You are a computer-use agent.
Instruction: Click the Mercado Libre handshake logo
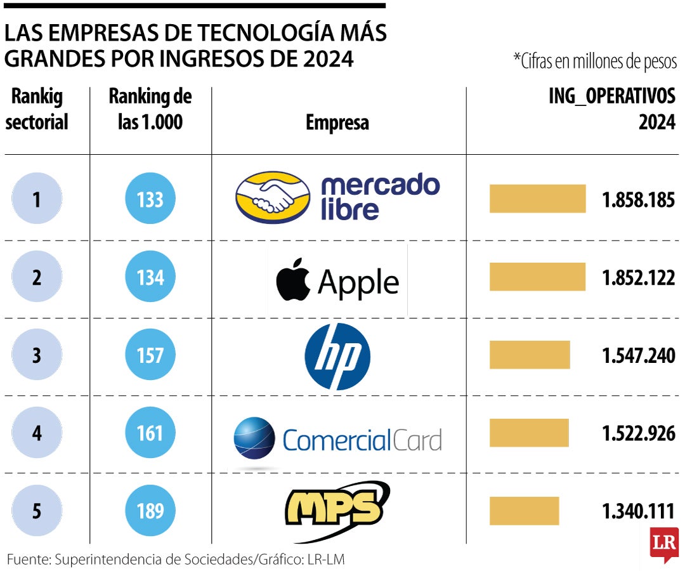click(273, 198)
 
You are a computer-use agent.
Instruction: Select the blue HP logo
click(337, 356)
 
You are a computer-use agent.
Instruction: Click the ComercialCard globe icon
click(254, 438)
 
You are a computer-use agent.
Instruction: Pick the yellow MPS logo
click(336, 509)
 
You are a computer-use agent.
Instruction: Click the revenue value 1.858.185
click(639, 200)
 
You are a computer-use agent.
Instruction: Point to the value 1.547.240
click(639, 356)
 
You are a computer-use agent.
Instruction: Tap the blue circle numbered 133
click(150, 200)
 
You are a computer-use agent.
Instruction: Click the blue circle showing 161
click(150, 433)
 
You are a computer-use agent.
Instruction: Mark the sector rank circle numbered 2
click(37, 277)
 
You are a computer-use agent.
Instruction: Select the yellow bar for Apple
click(537, 277)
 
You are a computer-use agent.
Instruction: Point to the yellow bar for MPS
click(524, 510)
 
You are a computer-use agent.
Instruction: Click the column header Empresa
click(337, 122)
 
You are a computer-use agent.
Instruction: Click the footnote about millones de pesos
click(595, 62)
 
